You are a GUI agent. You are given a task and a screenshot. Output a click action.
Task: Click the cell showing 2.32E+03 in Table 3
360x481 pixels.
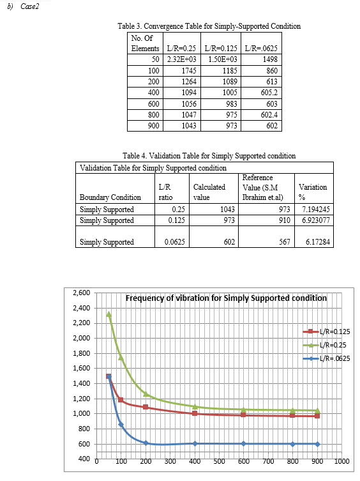(181, 59)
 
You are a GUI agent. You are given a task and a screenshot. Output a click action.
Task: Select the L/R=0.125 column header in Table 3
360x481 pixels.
(221, 48)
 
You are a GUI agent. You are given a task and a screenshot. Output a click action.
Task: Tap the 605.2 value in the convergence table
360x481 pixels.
(269, 93)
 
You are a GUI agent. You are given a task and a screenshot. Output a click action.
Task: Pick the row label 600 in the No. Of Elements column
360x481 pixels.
(154, 103)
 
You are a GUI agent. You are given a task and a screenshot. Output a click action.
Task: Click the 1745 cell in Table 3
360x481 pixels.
(189, 70)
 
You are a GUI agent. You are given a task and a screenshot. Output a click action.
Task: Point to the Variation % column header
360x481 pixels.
(313, 192)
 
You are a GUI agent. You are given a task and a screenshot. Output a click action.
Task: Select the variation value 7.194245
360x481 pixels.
(316, 210)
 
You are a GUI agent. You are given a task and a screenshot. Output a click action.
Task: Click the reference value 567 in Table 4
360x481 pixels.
(285, 241)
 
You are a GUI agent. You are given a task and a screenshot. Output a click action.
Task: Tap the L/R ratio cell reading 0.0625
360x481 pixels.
(174, 241)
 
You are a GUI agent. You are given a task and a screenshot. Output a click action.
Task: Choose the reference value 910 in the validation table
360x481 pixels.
(285, 220)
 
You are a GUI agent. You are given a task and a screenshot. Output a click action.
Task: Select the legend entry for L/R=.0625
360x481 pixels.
(327, 358)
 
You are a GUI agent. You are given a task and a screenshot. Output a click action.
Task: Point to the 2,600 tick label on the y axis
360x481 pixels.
(82, 293)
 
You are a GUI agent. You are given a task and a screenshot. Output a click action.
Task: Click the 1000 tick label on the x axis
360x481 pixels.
(341, 461)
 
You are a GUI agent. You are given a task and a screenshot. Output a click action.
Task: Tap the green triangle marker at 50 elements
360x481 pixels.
(109, 314)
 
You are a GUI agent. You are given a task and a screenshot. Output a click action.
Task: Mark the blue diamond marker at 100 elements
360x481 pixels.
(121, 425)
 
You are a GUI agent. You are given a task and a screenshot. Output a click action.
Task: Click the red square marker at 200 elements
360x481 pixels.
(146, 407)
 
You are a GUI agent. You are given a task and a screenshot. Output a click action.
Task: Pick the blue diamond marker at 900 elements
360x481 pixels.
(317, 444)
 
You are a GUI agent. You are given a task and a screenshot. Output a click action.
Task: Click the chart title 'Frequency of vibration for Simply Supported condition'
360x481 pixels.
(227, 298)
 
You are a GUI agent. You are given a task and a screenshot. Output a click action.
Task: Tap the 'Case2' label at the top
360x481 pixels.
(30, 6)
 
